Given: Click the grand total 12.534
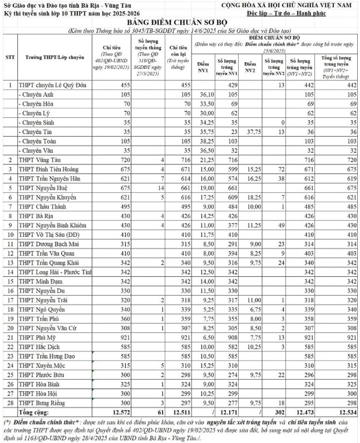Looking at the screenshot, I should coord(346,413).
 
